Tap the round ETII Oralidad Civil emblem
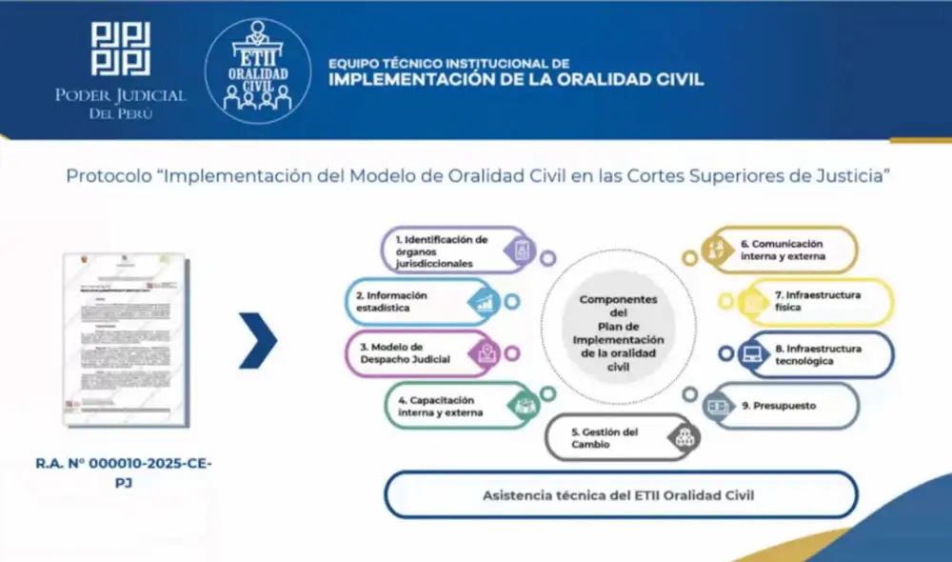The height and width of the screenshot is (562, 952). coord(258,71)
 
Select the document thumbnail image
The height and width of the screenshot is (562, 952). coord(124,338)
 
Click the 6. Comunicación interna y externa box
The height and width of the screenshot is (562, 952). coord(781,250)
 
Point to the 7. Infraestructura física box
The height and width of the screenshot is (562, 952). coord(819,302)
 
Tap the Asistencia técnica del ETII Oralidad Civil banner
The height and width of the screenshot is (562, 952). coord(620,495)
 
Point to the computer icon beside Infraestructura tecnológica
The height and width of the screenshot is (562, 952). coord(752,355)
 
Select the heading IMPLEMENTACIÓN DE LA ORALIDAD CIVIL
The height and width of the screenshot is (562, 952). coord(516,80)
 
